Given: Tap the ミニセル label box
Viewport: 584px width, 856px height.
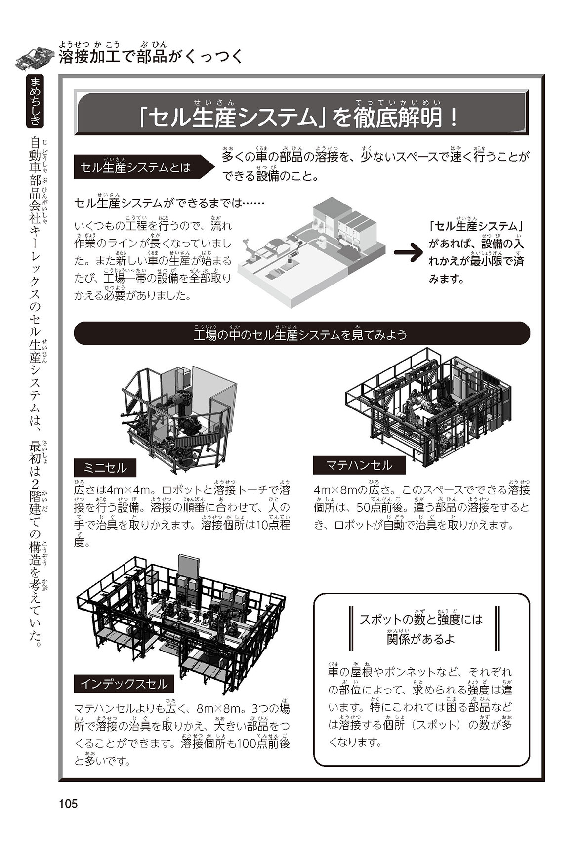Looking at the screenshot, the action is pos(105,467).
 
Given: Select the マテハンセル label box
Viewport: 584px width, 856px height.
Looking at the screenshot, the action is pos(359,465).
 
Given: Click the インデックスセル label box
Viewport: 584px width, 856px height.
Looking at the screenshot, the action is pos(124,684).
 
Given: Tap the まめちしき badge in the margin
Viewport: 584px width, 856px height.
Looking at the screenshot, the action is pos(36,101).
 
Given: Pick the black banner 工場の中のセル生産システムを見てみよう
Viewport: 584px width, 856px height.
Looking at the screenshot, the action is pos(301,334).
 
